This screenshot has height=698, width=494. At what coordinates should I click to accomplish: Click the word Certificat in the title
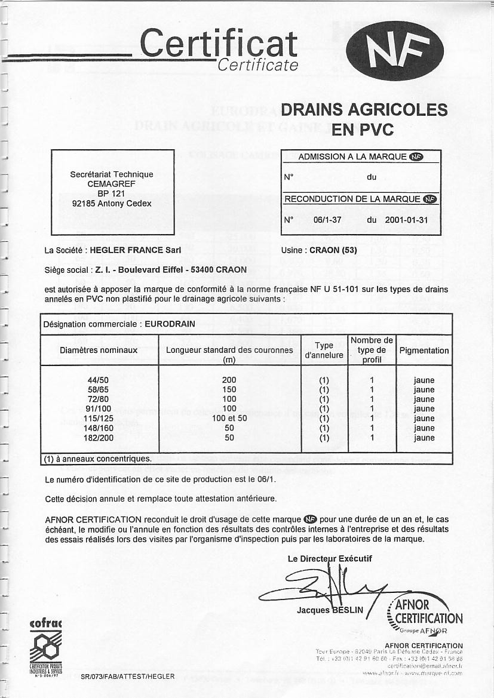click(x=219, y=44)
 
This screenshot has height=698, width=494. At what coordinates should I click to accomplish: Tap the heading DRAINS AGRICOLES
click(x=364, y=110)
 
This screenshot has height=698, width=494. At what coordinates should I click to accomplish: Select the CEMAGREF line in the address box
click(x=112, y=184)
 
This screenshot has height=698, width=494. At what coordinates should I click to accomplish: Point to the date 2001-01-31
click(x=406, y=220)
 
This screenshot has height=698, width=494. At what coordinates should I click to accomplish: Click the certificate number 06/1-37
click(x=327, y=220)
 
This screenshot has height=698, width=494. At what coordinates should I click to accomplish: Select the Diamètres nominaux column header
click(x=99, y=350)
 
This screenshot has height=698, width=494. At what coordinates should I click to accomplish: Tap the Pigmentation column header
click(x=424, y=350)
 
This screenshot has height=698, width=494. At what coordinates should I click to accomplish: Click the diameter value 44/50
click(x=99, y=380)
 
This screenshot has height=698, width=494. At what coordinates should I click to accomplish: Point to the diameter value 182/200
click(x=99, y=438)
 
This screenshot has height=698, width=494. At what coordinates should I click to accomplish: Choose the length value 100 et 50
click(x=229, y=419)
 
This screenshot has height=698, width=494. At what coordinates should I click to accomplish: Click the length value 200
click(x=229, y=380)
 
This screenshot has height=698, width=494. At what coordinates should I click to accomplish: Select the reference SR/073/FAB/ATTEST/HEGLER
click(x=128, y=677)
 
